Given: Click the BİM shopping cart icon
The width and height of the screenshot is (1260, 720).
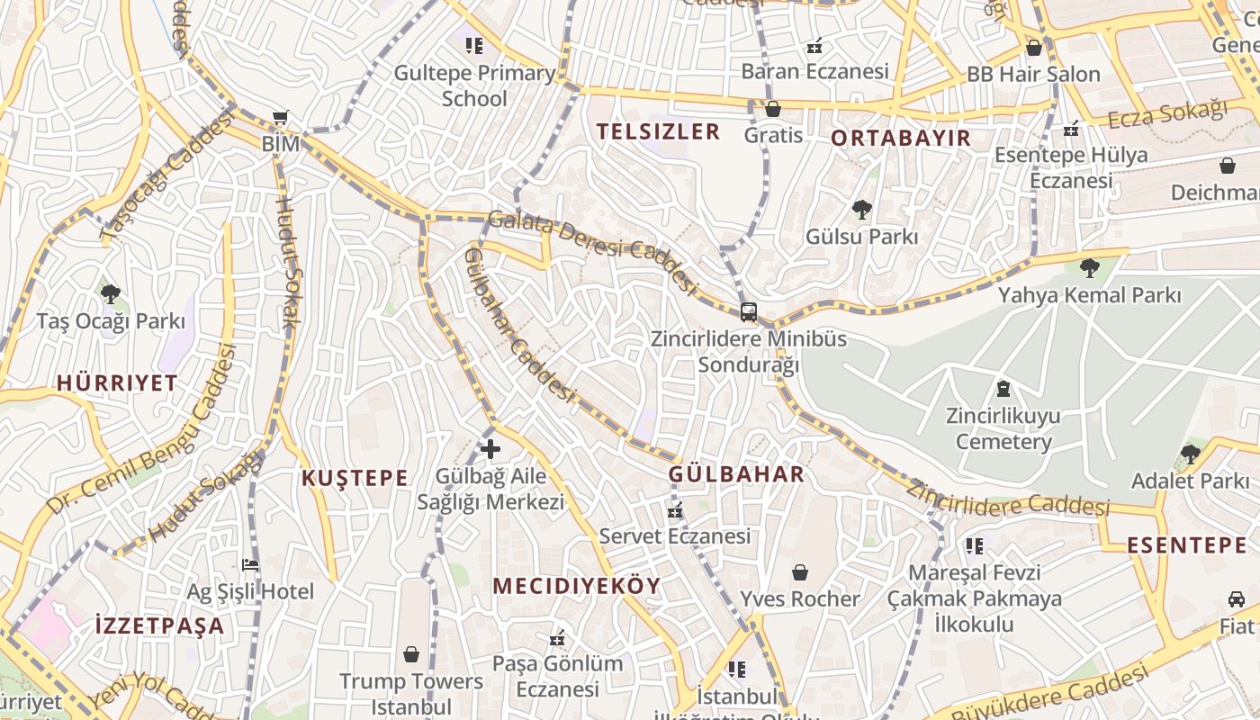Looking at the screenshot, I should pyautogui.click(x=280, y=118).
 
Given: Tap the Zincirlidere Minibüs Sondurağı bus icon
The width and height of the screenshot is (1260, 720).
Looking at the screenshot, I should pyautogui.click(x=748, y=312).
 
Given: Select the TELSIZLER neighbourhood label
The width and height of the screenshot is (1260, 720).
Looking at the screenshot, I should pyautogui.click(x=658, y=132).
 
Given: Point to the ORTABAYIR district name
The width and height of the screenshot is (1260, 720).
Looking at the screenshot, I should pyautogui.click(x=901, y=138).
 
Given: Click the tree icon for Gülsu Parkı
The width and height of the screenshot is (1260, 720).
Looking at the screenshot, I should pyautogui.click(x=862, y=211).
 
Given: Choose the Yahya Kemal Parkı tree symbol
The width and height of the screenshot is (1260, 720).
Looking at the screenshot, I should pyautogui.click(x=1089, y=268).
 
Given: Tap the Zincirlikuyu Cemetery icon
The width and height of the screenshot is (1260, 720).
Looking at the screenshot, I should pyautogui.click(x=1003, y=389).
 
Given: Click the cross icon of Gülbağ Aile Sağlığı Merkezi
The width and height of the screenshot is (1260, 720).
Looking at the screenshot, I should pyautogui.click(x=490, y=448).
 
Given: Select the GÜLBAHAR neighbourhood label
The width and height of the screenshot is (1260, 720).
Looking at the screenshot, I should pyautogui.click(x=736, y=474).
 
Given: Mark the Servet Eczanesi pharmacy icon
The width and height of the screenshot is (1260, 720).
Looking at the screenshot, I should pyautogui.click(x=675, y=510).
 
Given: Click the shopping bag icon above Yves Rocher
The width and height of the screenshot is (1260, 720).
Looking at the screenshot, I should pyautogui.click(x=799, y=572).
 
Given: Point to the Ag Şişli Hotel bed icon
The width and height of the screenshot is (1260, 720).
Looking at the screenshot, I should pyautogui.click(x=250, y=565).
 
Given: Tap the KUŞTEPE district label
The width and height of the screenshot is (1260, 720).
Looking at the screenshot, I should pyautogui.click(x=355, y=478).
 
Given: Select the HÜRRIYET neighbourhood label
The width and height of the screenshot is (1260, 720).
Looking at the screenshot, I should pyautogui.click(x=117, y=382).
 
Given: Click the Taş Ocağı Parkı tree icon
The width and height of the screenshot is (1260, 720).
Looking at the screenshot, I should pyautogui.click(x=111, y=293).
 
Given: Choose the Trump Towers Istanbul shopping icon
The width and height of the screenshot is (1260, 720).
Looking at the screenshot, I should pyautogui.click(x=411, y=654).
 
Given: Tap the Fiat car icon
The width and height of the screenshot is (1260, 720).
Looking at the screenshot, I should pyautogui.click(x=1237, y=599).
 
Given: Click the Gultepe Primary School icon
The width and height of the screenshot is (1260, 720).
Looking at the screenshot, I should pyautogui.click(x=474, y=45).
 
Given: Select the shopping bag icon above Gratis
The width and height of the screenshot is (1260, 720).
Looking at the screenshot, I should pyautogui.click(x=772, y=109).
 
